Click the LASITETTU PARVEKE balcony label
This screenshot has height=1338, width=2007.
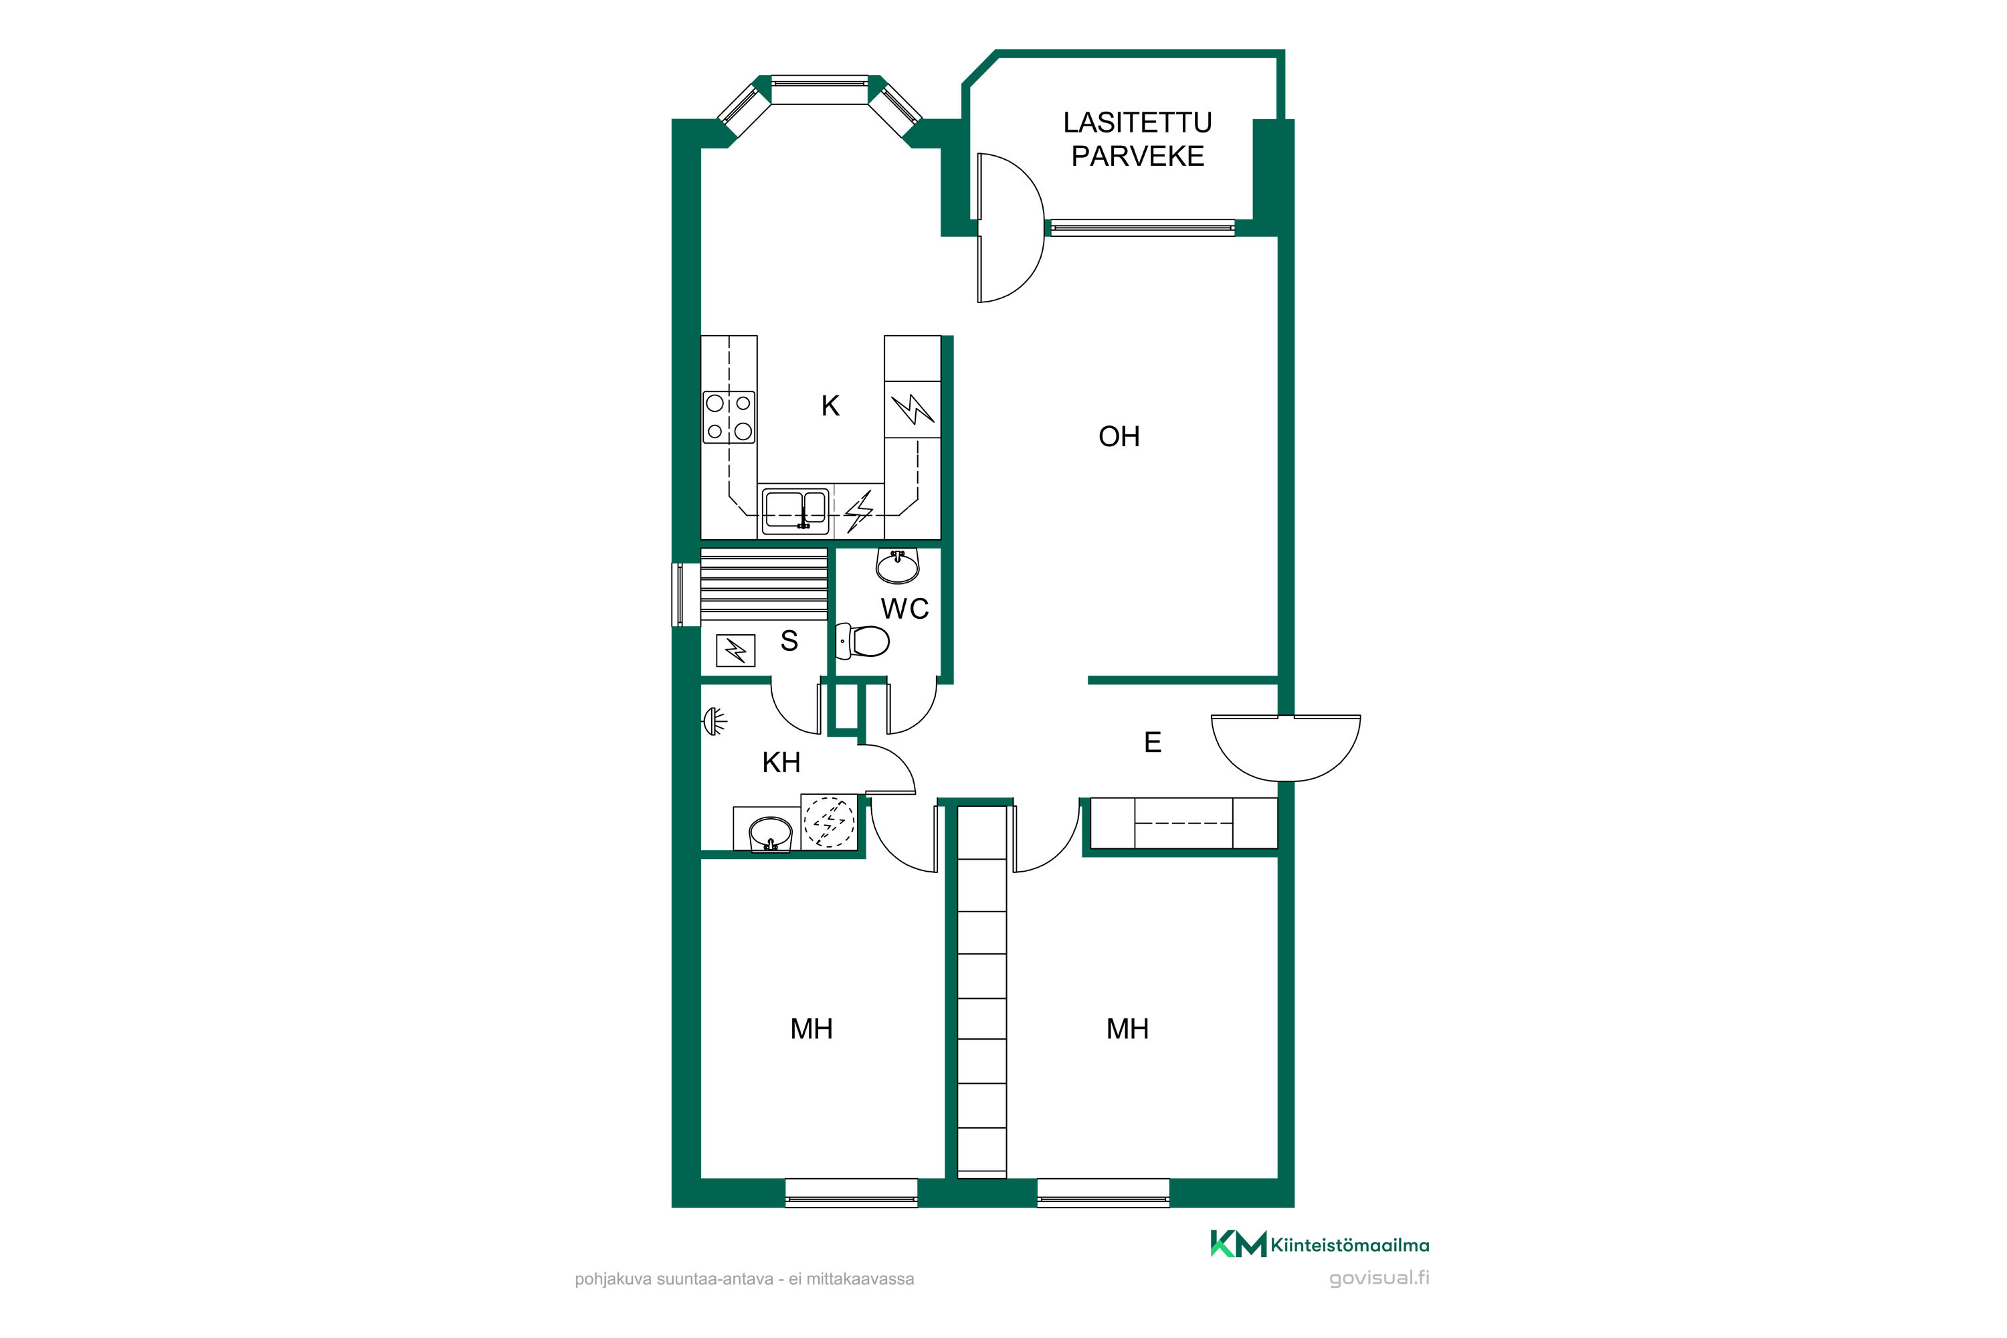pos(1137,139)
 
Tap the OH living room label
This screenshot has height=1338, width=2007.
pos(1119,437)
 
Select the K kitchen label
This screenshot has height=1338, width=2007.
pos(830,406)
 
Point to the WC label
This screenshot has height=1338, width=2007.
pos(904,609)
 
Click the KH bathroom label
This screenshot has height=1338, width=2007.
pos(781,762)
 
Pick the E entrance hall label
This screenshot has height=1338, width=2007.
pos(1152,743)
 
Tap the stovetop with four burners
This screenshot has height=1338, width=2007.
pos(729,417)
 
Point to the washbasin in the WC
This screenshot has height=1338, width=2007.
pos(898,565)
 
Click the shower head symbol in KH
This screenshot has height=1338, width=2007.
pos(715,722)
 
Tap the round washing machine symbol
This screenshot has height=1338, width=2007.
pos(829,822)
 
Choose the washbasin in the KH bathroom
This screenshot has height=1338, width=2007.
pos(771,834)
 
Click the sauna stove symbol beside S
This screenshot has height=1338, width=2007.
pos(735,651)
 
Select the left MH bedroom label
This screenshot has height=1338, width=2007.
pos(811,1029)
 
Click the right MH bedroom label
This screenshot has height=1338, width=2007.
pos(1127,1029)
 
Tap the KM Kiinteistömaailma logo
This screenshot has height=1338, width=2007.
pos(1319,1244)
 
